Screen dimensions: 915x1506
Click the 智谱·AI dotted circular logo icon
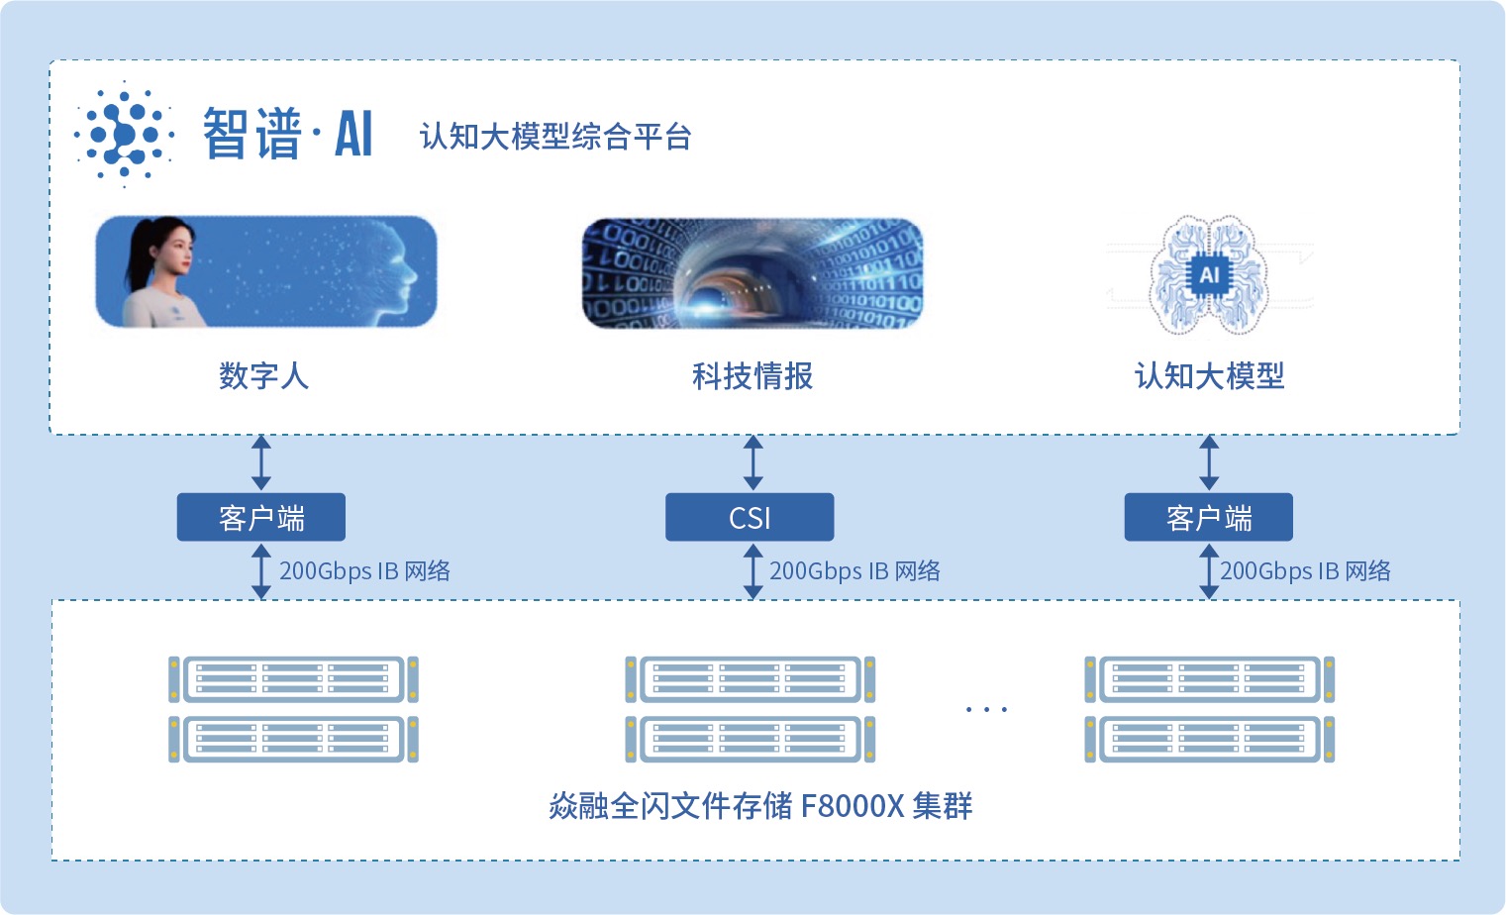[x=124, y=134]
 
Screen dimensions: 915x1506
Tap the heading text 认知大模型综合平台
[x=554, y=137]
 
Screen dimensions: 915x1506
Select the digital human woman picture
[x=265, y=271]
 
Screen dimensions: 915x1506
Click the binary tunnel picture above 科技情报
[x=753, y=273]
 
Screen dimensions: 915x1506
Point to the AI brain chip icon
[x=1209, y=275]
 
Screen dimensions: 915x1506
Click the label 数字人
[x=263, y=376]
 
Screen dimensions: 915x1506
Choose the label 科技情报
[x=753, y=376]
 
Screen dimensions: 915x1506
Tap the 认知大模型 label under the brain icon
[x=1209, y=376]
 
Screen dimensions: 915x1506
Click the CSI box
[x=750, y=517]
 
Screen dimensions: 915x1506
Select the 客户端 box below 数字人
[x=261, y=517]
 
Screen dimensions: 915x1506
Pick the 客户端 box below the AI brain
[x=1209, y=517]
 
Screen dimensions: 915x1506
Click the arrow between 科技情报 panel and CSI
[x=753, y=462]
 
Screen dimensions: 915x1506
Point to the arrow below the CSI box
[x=753, y=571]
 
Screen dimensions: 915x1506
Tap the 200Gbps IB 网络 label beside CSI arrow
[x=854, y=571]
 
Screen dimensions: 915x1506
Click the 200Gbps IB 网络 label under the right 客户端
[x=1305, y=571]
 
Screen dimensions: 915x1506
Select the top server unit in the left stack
[x=293, y=679]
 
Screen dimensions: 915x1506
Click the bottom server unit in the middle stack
[x=751, y=740]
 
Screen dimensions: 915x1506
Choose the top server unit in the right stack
[x=1209, y=679]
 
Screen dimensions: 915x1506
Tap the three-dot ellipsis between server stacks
[x=986, y=709]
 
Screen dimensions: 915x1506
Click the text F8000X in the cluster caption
[x=853, y=806]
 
